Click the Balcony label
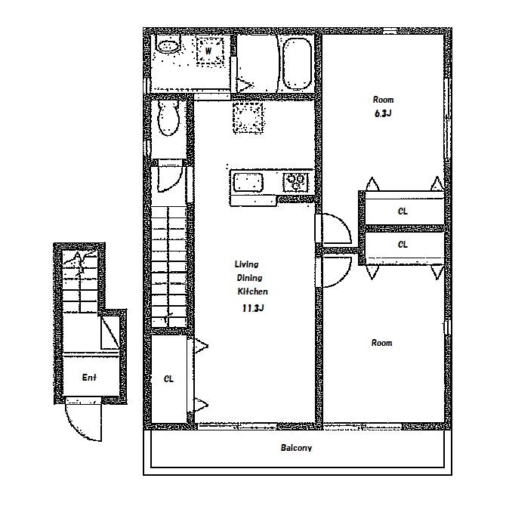coord(296,448)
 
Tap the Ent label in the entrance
coord(89,378)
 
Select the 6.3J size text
coord(383,113)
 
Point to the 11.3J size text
coord(253,308)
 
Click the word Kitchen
coord(253,292)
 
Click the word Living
coord(246,264)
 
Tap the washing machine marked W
coord(210,51)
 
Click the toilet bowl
coord(168,118)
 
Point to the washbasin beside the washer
coord(168,46)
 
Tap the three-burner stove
coord(296,182)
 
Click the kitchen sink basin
coord(248,182)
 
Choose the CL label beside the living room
coord(168,378)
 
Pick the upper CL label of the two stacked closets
coord(403,211)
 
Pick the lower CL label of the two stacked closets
coord(403,245)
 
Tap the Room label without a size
coord(381,343)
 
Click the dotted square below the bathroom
coord(248,118)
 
